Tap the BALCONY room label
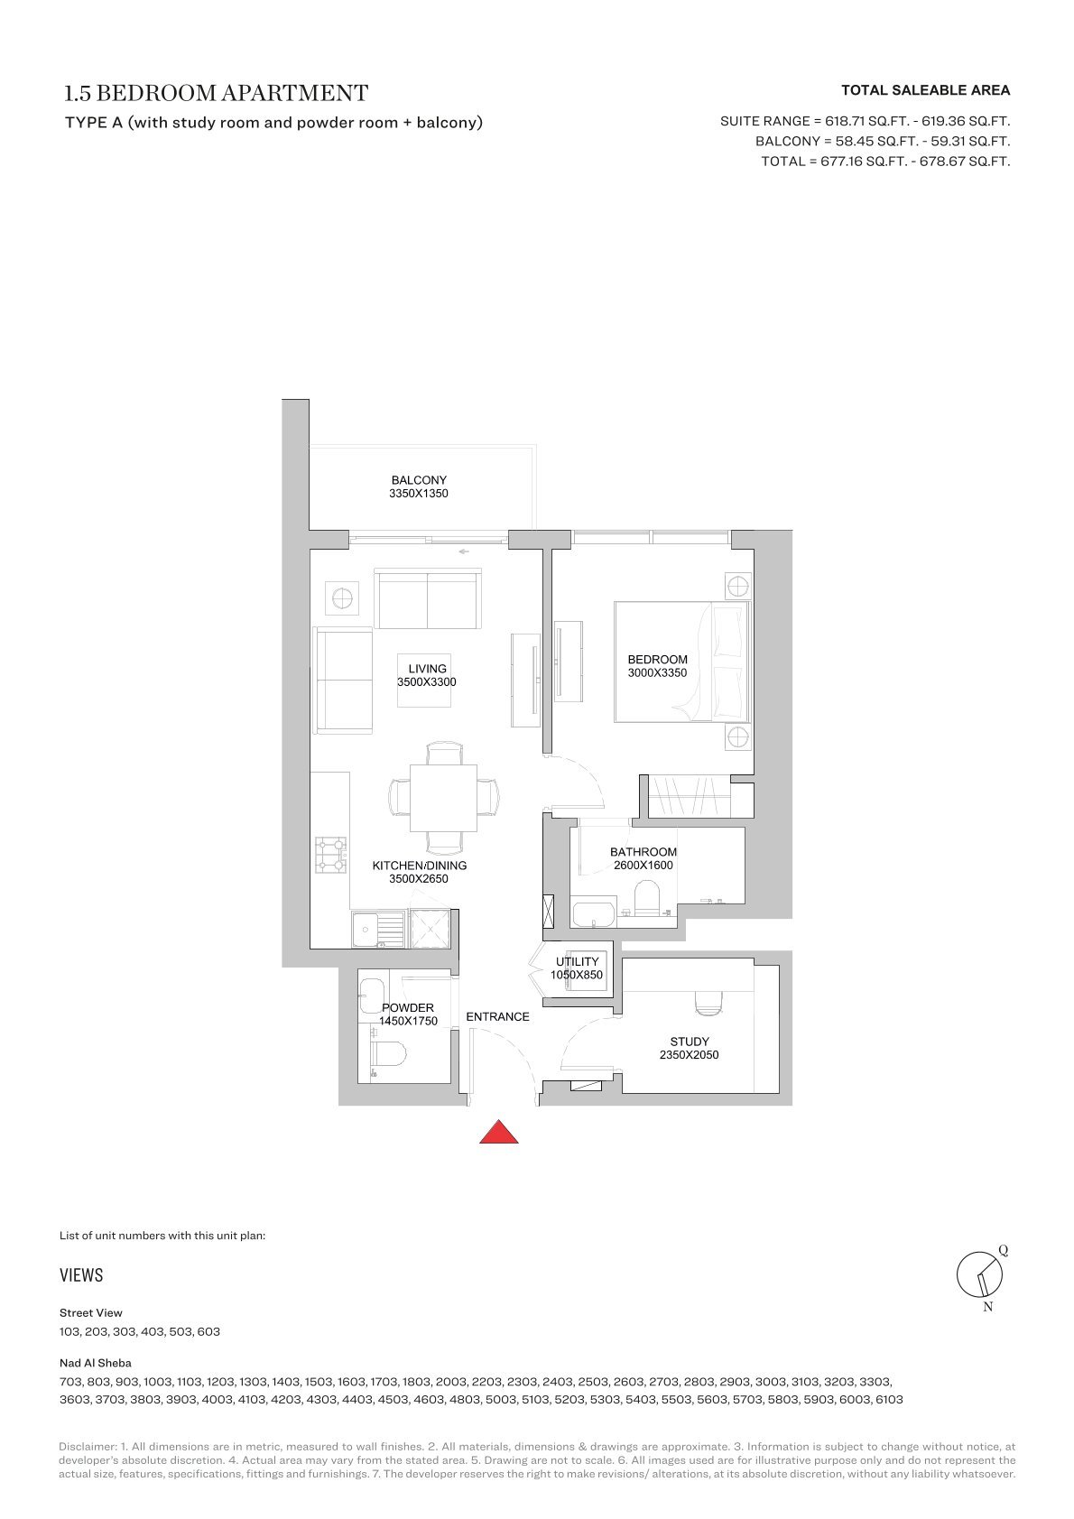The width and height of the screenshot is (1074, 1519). [x=419, y=480]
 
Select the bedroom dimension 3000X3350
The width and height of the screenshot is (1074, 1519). [x=657, y=672]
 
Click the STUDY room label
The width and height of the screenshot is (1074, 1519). [x=689, y=1042]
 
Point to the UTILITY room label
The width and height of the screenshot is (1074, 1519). [x=577, y=961]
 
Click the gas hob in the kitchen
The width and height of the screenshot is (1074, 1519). [x=331, y=855]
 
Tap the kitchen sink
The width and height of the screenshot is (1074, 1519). [x=378, y=929]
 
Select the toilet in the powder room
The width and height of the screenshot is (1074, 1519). [x=389, y=1054]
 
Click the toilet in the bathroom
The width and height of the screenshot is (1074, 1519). [x=646, y=898]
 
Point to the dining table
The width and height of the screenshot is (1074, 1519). [x=443, y=798]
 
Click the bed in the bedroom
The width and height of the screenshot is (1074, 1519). [x=682, y=662]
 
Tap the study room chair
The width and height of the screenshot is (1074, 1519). [x=708, y=1005]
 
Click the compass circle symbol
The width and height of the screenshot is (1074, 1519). [x=979, y=1274]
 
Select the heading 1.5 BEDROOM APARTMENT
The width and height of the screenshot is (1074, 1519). [x=217, y=93]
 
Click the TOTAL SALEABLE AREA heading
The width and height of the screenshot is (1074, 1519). [x=925, y=90]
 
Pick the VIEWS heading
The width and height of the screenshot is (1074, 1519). [x=81, y=1275]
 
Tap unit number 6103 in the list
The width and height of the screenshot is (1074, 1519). [x=889, y=1399]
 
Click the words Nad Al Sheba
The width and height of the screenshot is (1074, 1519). [x=96, y=1362]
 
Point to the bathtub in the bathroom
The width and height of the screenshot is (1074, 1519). [x=594, y=912]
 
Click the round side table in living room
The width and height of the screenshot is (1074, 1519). [x=342, y=598]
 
